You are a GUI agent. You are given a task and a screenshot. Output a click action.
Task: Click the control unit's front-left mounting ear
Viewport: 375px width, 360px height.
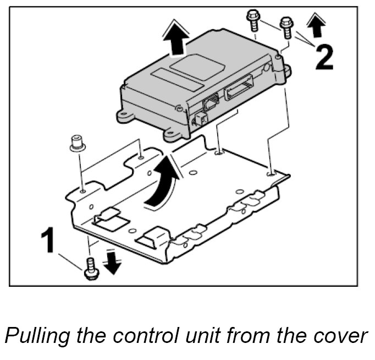click(125, 116)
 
